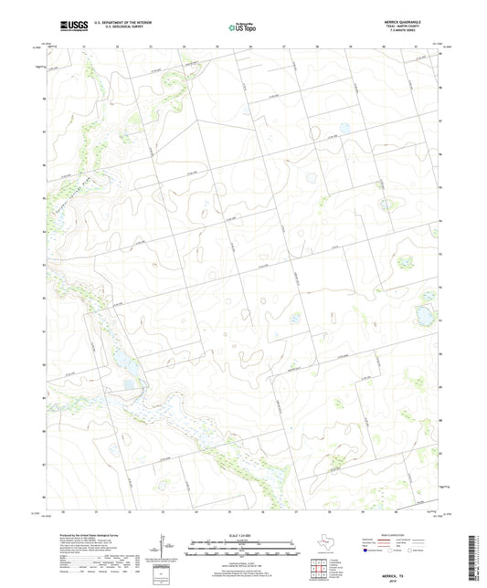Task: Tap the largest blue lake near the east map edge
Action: tap(424, 316)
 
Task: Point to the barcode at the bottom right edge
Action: tap(477, 552)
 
